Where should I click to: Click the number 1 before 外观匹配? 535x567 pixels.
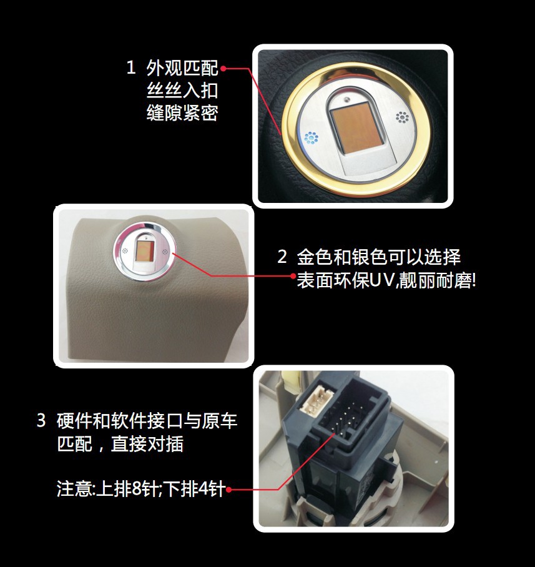tap(130, 68)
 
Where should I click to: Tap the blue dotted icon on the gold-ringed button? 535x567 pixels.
tap(310, 139)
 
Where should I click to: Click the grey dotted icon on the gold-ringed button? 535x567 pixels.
tap(401, 117)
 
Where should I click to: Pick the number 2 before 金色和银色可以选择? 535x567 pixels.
tap(282, 257)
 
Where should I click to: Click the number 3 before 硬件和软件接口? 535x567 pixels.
tap(41, 421)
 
